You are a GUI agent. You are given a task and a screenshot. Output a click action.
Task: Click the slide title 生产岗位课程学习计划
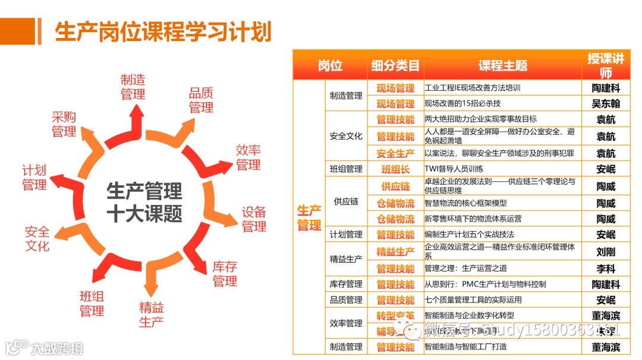[163, 31]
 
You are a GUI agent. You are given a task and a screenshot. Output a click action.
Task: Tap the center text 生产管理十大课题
[144, 203]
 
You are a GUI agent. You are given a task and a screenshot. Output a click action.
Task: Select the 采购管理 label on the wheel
[64, 124]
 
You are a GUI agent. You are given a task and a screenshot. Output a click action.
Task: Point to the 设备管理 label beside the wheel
[254, 219]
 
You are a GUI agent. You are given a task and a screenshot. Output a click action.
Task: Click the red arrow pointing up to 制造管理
[136, 121]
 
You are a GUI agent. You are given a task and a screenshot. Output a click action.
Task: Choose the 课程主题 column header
[502, 65]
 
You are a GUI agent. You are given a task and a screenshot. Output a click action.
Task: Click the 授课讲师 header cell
[606, 65]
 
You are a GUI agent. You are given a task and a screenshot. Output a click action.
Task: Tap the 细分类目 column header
[395, 65]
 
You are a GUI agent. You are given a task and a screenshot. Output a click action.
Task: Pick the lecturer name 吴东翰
[606, 104]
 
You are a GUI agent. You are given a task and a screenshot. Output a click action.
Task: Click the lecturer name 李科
[606, 269]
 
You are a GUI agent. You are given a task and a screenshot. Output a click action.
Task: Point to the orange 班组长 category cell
[395, 169]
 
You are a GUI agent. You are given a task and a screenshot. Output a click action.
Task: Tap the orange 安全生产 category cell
[395, 154]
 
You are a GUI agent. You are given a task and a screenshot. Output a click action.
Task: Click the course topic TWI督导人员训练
[454, 169]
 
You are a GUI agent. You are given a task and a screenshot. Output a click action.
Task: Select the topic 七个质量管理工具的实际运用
[473, 300]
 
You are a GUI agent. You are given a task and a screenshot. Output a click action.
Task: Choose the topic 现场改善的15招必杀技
[462, 104]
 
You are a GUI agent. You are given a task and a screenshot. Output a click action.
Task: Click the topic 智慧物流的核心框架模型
[465, 203]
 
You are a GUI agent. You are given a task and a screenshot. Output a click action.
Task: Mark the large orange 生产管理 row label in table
[309, 218]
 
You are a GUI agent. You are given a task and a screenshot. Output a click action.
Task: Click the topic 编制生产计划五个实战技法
[469, 235]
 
